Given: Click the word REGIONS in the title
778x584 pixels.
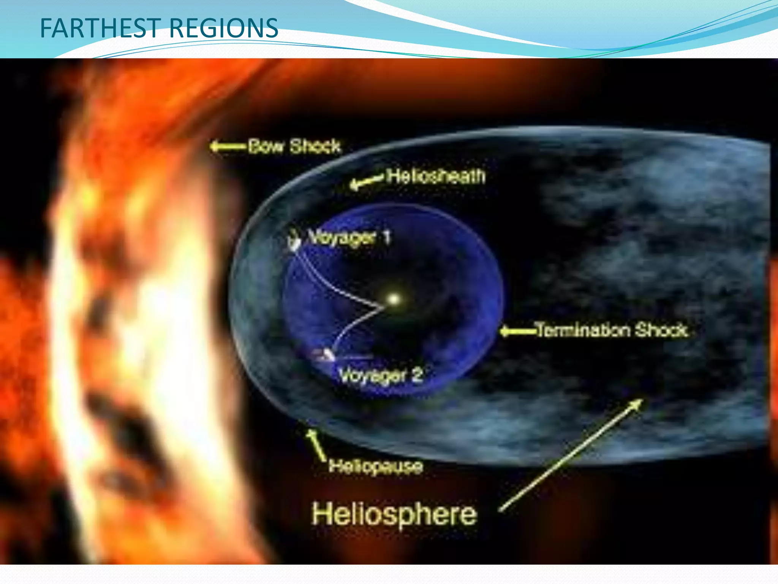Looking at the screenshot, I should point(224,29).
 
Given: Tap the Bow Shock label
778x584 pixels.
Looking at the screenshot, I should point(294,147).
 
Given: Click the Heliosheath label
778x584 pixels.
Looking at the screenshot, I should point(436,176).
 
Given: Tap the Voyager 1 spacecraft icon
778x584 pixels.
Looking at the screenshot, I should point(293,241).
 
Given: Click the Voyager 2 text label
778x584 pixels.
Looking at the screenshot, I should point(380,376).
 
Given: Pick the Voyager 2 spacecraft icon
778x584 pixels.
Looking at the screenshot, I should point(325,355).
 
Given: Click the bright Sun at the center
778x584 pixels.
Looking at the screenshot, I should point(394,299).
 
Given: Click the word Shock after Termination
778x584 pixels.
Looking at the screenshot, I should point(661,330).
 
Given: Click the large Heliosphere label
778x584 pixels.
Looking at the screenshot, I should point(394,514).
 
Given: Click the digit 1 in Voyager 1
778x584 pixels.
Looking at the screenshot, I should point(386,237).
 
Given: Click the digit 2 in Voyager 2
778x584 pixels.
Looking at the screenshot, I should point(417,375).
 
